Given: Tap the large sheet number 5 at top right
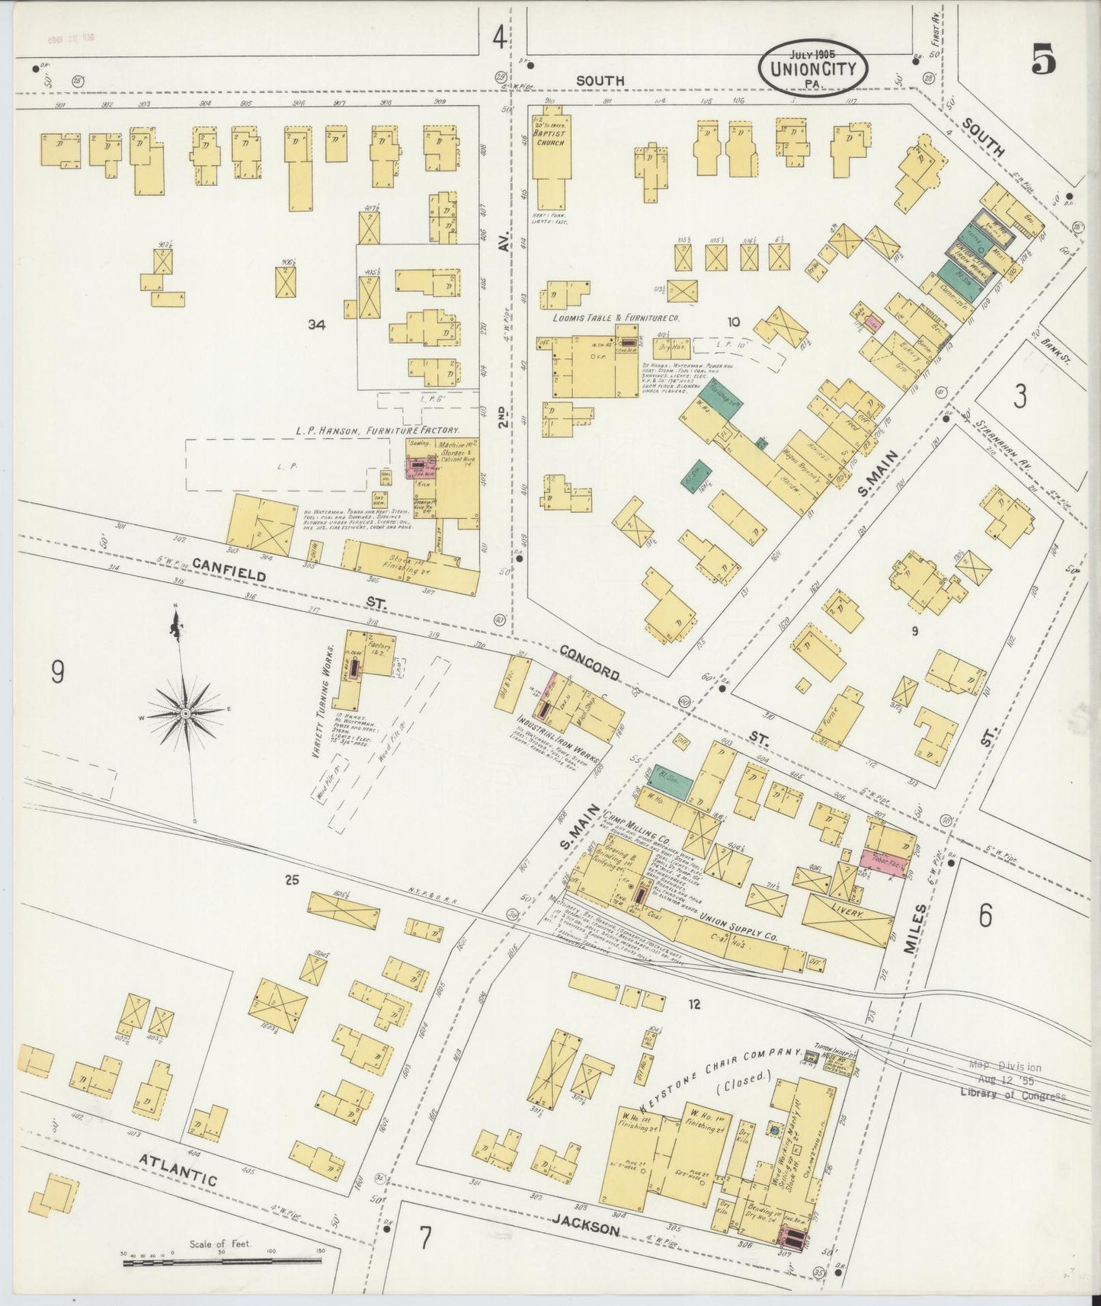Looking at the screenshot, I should [x=1044, y=60].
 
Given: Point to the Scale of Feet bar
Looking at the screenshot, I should [x=222, y=1262].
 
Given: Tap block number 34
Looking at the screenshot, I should [x=317, y=325].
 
